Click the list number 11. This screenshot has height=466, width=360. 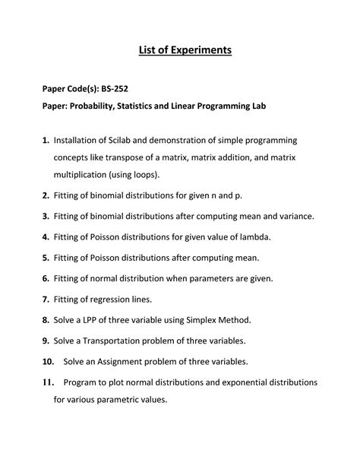tap(48, 382)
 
